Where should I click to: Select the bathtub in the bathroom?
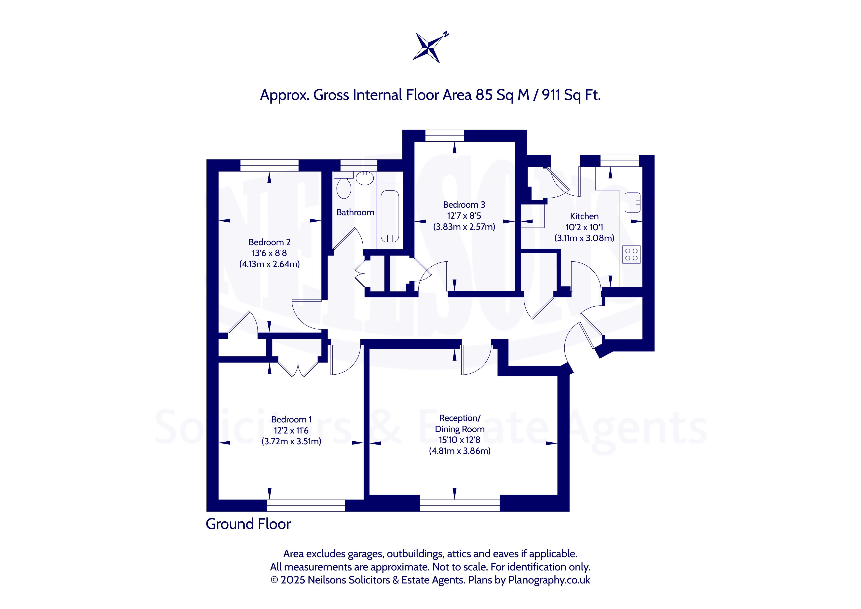tap(390, 216)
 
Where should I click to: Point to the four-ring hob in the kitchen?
tap(631, 254)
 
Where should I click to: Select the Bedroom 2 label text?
tap(269, 242)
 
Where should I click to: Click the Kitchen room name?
tap(584, 216)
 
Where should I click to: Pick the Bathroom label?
tap(355, 213)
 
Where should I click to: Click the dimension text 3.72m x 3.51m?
tap(291, 441)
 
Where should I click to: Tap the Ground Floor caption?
tap(248, 524)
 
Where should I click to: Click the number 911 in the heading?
tap(551, 95)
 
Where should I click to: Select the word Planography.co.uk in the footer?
tap(549, 580)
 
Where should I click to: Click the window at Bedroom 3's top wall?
tap(445, 135)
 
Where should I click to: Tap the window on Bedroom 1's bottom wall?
tap(306, 505)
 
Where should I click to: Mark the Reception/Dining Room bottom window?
tap(460, 505)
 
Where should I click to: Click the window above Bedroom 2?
tap(269, 165)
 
